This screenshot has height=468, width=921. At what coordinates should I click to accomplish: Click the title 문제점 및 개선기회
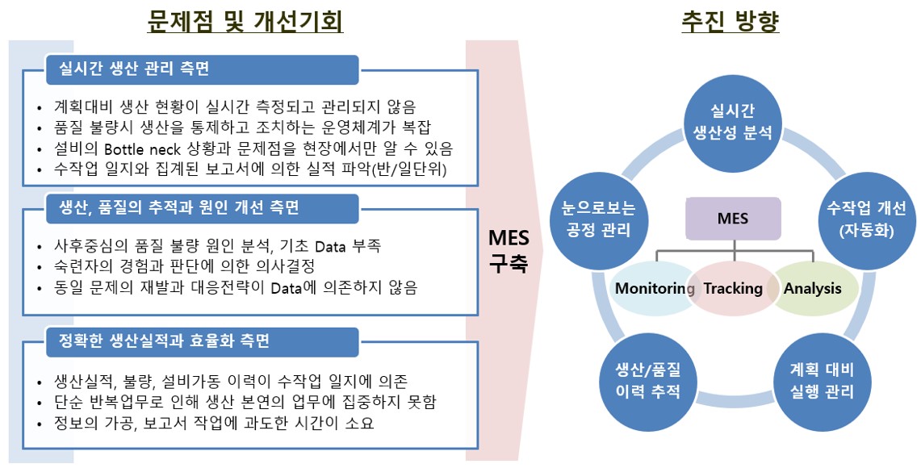[245, 22]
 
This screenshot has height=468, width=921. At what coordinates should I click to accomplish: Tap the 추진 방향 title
[731, 22]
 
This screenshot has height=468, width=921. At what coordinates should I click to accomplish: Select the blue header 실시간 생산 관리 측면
[202, 69]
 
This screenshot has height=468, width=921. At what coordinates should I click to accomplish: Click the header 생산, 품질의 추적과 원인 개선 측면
[202, 208]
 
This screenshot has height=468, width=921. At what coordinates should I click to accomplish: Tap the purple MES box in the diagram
[733, 219]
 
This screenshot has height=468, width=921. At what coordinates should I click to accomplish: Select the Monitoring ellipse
[654, 288]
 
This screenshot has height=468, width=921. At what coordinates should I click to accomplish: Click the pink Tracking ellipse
[733, 288]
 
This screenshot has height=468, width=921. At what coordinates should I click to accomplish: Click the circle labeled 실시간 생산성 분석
[732, 123]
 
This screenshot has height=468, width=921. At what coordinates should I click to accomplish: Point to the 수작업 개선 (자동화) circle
[866, 219]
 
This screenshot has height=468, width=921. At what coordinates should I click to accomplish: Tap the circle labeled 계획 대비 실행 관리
[821, 381]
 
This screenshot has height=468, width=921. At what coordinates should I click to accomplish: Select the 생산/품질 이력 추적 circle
[648, 381]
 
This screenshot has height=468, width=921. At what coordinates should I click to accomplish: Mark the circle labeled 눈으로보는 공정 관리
[598, 219]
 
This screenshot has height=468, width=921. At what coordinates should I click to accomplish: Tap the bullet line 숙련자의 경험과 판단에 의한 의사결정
[184, 266]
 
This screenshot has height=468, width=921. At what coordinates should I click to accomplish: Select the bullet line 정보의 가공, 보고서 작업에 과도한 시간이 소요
[214, 423]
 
